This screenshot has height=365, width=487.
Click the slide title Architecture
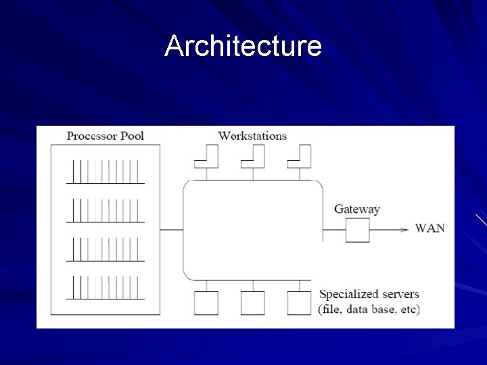(x=243, y=46)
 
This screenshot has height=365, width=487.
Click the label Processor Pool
(x=106, y=136)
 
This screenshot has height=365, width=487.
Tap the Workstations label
(x=252, y=136)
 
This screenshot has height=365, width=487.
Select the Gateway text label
(x=357, y=209)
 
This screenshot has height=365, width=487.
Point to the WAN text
(x=430, y=228)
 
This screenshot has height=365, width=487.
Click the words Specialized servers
(x=369, y=295)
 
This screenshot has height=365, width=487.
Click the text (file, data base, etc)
(x=369, y=310)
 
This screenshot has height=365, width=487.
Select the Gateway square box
(x=358, y=230)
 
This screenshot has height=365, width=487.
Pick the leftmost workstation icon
(x=206, y=156)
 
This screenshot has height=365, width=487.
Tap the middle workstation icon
(x=253, y=156)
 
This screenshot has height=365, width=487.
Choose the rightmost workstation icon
(x=300, y=156)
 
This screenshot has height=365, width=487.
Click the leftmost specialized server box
(x=206, y=303)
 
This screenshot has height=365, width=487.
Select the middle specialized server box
(x=253, y=303)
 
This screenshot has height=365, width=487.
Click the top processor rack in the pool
(x=106, y=172)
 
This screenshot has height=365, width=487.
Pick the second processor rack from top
(x=106, y=210)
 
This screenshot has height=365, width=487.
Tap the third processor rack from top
(x=106, y=249)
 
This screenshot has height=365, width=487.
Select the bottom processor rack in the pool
(x=106, y=287)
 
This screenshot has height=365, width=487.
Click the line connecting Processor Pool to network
(x=172, y=230)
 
